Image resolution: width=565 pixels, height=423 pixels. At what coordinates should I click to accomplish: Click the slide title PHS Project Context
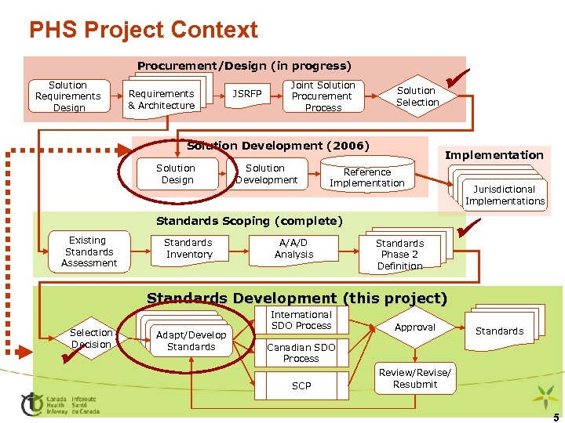tap(143, 30)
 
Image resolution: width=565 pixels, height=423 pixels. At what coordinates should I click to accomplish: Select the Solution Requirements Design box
tap(68, 96)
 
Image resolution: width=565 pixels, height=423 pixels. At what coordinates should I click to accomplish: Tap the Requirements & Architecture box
tap(162, 99)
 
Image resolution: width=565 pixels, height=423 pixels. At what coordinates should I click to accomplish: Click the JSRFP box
tap(248, 94)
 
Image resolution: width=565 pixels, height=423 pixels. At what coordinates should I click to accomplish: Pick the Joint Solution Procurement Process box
tap(323, 96)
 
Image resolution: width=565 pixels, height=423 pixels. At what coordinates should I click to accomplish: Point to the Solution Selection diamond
tap(417, 96)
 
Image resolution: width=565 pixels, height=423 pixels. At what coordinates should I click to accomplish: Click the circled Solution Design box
tap(176, 174)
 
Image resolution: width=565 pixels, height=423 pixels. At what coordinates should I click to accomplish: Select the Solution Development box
tap(266, 174)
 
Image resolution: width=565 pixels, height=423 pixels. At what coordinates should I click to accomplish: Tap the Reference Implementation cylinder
tap(367, 177)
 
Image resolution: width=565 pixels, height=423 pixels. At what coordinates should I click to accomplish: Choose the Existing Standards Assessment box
tap(89, 251)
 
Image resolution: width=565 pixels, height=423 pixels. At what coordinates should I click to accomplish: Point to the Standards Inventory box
tap(188, 249)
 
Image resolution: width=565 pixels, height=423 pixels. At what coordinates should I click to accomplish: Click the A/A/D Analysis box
tap(293, 249)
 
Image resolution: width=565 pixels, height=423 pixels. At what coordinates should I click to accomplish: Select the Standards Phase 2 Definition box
tap(399, 254)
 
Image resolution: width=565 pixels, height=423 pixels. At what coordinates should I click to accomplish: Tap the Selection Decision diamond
tap(91, 338)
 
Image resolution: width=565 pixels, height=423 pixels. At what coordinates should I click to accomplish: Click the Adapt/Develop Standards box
tap(191, 341)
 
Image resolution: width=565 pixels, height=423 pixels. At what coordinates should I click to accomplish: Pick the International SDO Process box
tap(301, 320)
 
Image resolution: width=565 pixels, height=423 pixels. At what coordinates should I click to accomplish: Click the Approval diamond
tap(415, 327)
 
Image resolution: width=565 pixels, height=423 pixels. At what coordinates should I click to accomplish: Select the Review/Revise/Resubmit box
tap(415, 378)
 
